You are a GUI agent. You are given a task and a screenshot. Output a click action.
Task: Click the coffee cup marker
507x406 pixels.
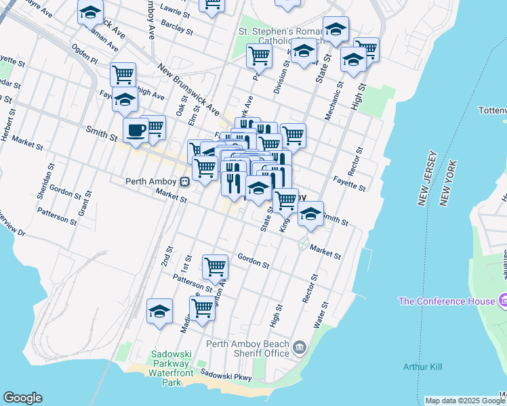coord(136,129)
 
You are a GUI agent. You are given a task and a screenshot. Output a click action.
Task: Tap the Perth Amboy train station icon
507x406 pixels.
coord(184,181)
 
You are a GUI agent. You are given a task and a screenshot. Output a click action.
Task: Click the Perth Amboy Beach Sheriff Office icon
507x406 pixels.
coord(300,348)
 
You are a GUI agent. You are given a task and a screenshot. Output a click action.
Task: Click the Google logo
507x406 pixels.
coord(22,398)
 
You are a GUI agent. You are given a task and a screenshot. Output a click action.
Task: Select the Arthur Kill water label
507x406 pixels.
coord(422,367)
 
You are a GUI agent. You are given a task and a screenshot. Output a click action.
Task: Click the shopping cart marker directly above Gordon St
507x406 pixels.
coord(215,266)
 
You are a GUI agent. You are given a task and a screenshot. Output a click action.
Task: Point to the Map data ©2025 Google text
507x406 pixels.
coord(465,401)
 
